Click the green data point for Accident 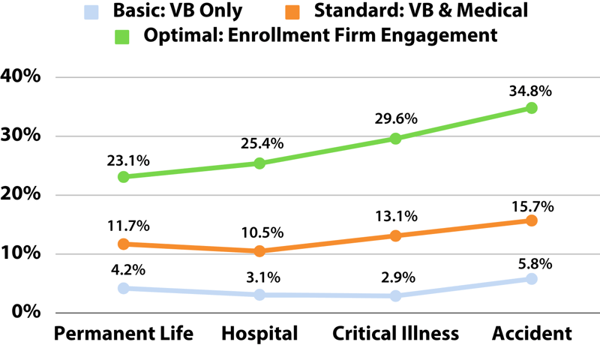coord(531,108)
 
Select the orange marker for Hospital coord(259,251)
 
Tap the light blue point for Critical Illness coord(395,296)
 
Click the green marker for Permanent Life coord(123,177)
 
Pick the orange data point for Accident coord(531,220)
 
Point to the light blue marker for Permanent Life coord(123,288)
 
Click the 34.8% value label coord(531,91)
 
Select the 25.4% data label coord(260,144)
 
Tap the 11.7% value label coord(124,225)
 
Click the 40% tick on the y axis coord(26,77)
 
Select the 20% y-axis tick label coord(26,195)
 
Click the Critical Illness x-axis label coord(395,333)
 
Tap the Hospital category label coord(259,333)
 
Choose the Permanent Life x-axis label coord(124,333)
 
